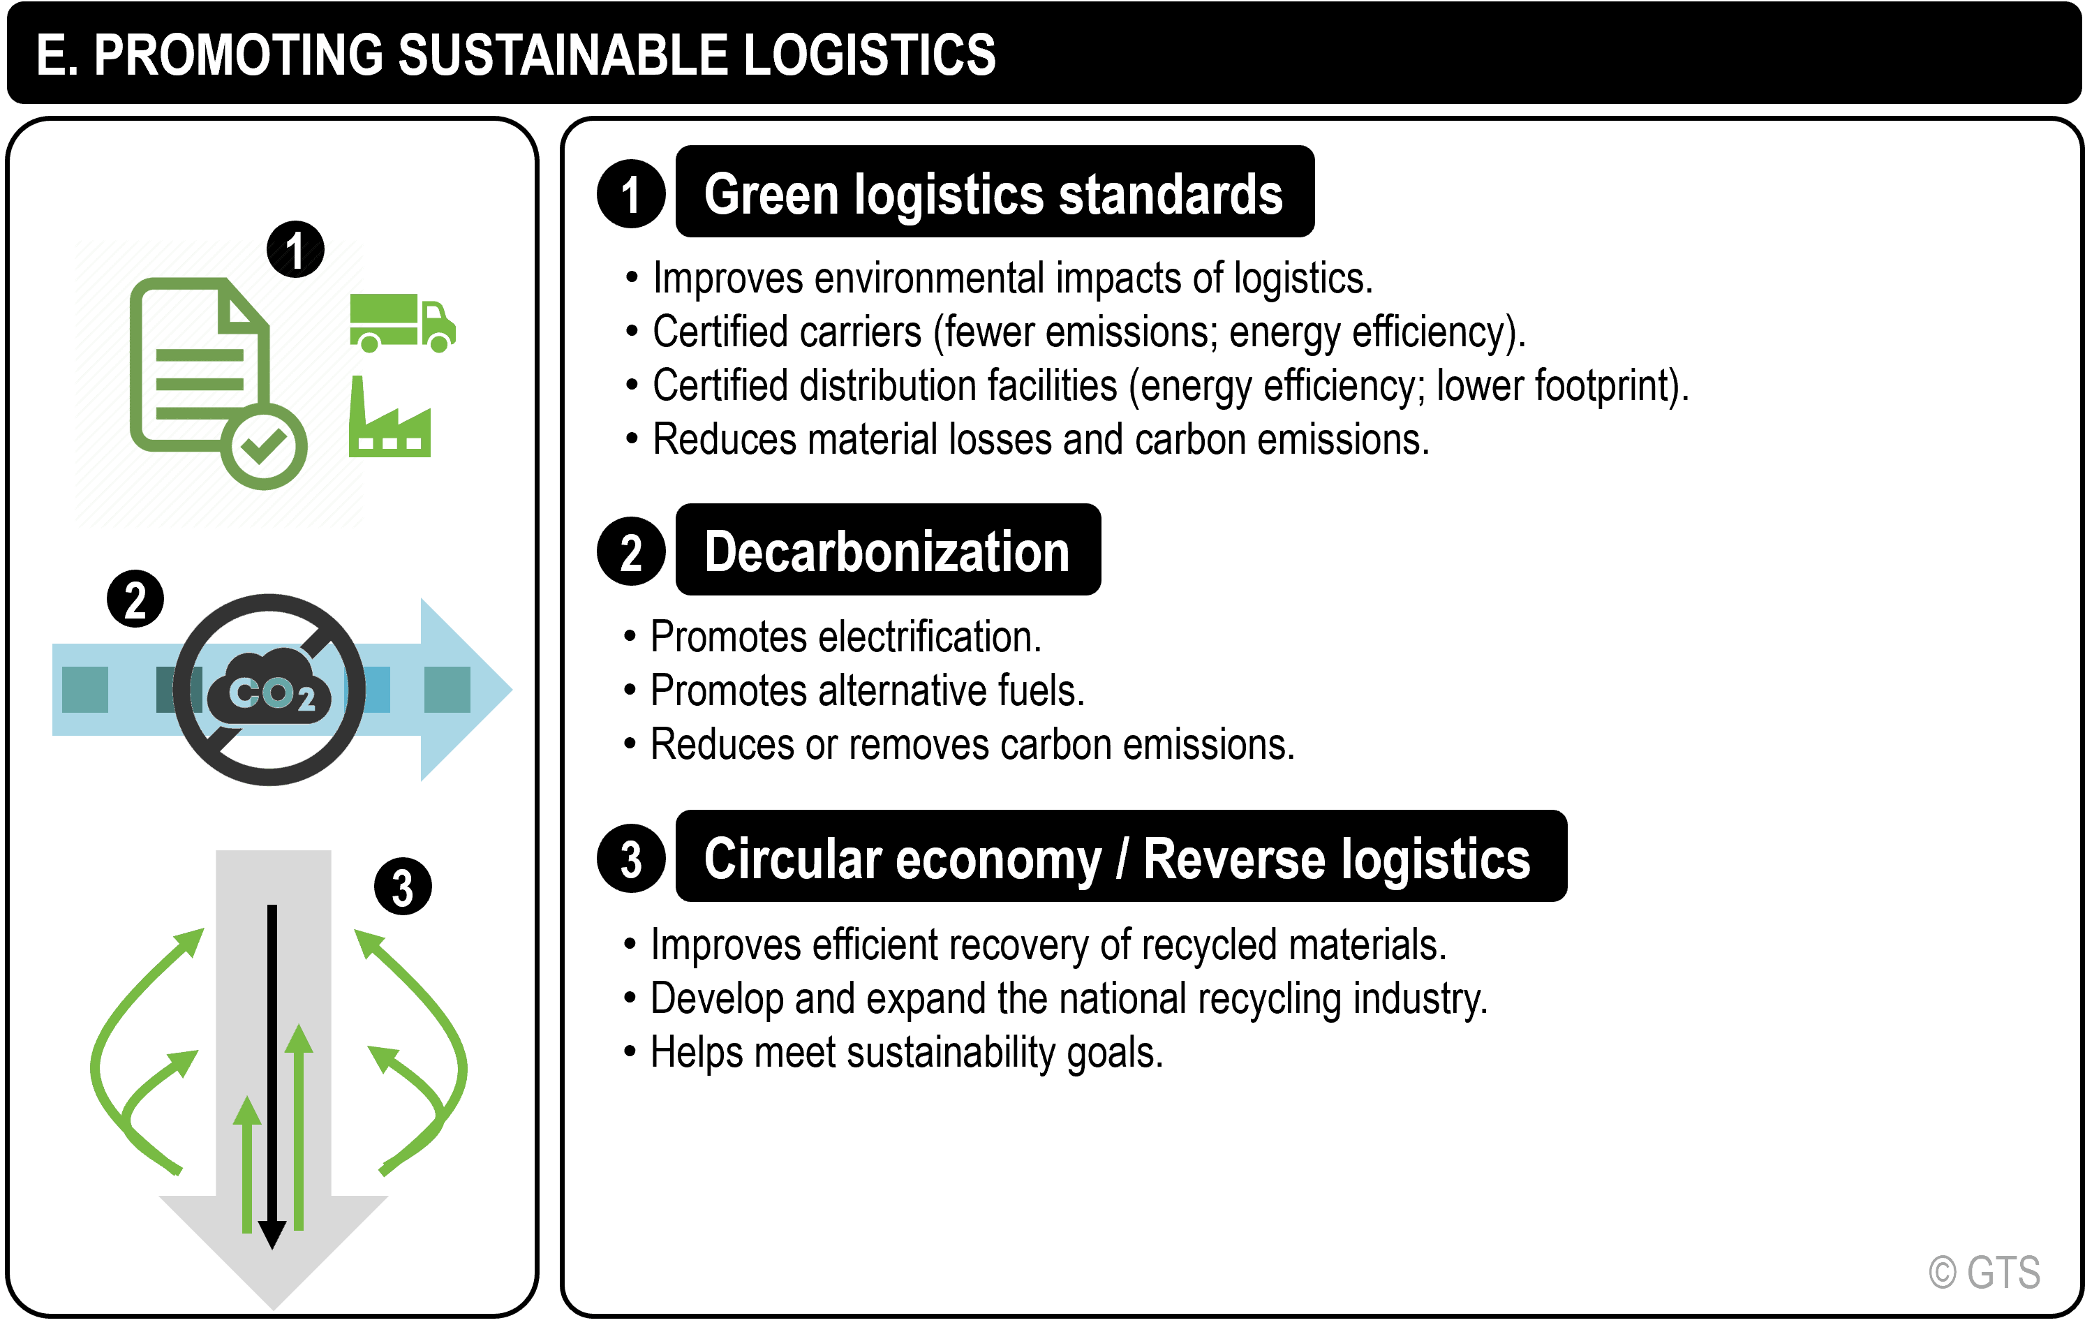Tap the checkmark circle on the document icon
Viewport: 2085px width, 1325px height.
tap(264, 446)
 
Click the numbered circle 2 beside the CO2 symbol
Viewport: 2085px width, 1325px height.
tap(136, 599)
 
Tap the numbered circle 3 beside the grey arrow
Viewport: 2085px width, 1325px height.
tap(403, 887)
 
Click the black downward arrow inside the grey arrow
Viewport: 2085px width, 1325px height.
tap(272, 1074)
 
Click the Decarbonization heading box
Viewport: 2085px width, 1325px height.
tap(887, 551)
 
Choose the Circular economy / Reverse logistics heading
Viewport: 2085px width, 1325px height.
tap(1118, 857)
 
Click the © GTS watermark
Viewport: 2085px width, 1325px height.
tap(1984, 1272)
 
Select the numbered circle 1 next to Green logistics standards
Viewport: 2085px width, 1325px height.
tap(631, 194)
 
